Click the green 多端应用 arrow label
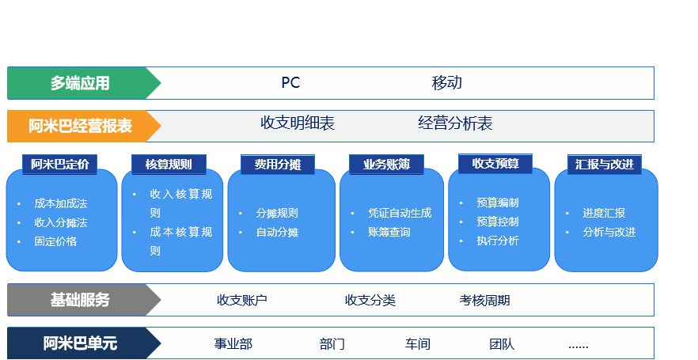(84, 83)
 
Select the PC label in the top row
(290, 83)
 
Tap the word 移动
(447, 83)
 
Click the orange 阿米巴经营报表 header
(84, 127)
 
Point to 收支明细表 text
(298, 123)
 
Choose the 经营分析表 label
(455, 123)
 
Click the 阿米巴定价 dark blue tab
(60, 165)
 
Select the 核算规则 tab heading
(169, 165)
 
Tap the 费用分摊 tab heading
(278, 165)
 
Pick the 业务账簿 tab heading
(386, 165)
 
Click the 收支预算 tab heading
(495, 164)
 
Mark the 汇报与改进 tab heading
(605, 165)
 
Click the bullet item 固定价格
(55, 241)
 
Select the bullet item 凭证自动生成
(400, 213)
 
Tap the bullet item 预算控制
(498, 222)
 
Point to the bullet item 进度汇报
(604, 213)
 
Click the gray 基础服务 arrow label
(84, 300)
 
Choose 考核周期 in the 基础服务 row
(485, 301)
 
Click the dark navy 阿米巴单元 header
(84, 343)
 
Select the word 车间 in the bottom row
(418, 344)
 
